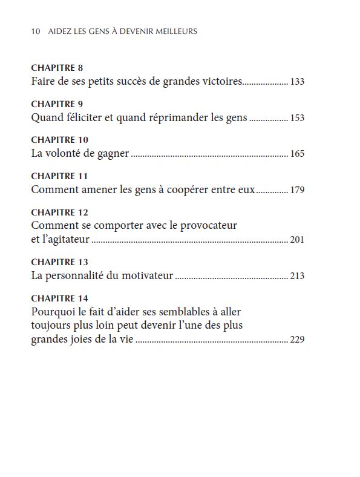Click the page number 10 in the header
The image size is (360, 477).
click(35, 31)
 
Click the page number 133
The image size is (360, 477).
click(297, 81)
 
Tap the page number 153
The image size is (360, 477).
click(297, 118)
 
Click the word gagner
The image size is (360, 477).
click(113, 154)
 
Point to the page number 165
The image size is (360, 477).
click(297, 154)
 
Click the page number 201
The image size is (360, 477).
click(297, 240)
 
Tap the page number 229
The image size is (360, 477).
click(297, 340)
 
